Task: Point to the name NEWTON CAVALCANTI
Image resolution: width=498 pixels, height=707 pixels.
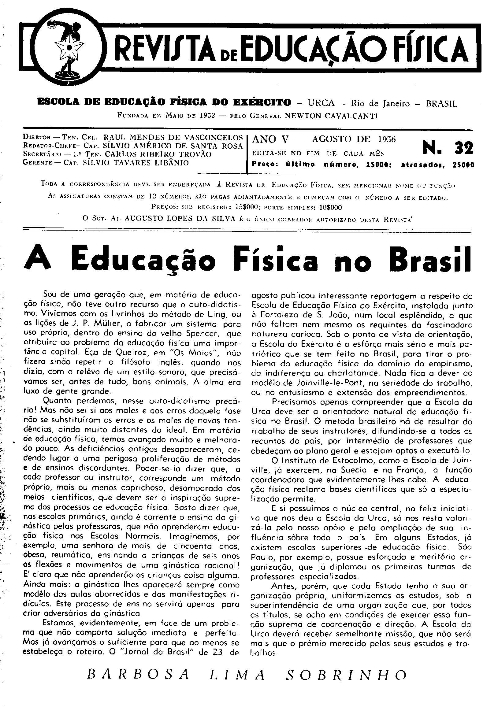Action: [331, 116]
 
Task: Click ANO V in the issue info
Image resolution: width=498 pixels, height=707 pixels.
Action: [270, 140]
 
